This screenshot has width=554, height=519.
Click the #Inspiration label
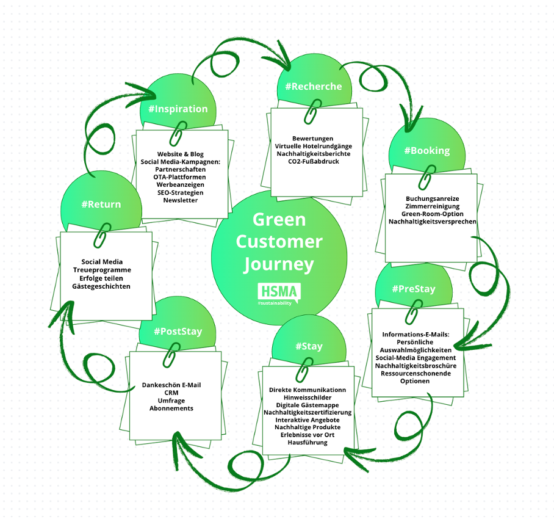(x=178, y=109)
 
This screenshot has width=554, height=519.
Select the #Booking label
(x=426, y=150)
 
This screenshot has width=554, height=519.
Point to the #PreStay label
(x=414, y=289)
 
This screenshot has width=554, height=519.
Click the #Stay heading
(x=309, y=346)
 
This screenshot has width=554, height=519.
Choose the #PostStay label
(x=178, y=332)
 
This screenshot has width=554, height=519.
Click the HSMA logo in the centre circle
(x=279, y=294)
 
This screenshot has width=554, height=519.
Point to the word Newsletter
(x=180, y=200)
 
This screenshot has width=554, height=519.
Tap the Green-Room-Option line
(x=433, y=214)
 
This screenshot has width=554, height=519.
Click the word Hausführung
(x=308, y=442)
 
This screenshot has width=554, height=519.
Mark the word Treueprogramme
(x=102, y=269)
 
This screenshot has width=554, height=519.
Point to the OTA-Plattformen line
(x=180, y=176)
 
